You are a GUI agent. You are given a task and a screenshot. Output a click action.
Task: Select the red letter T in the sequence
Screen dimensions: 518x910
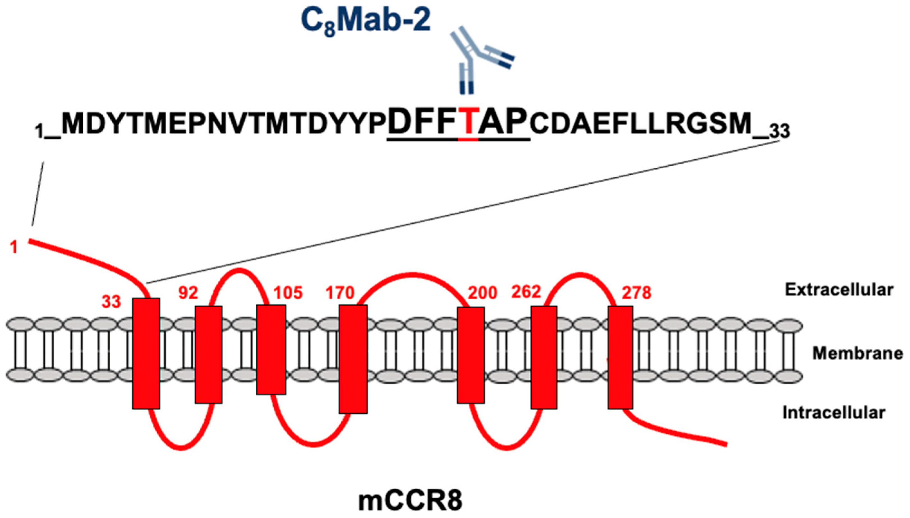pyautogui.click(x=468, y=124)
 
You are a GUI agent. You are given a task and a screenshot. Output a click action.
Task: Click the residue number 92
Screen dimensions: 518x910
pyautogui.click(x=188, y=293)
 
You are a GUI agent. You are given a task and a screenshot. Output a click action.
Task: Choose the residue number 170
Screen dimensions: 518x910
pyautogui.click(x=340, y=293)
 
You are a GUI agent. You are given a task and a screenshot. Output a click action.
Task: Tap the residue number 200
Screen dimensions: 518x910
pyautogui.click(x=482, y=293)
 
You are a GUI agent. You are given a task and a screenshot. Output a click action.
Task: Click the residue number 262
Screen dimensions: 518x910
pyautogui.click(x=526, y=292)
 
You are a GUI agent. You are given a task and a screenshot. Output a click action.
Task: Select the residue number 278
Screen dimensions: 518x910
pyautogui.click(x=636, y=293)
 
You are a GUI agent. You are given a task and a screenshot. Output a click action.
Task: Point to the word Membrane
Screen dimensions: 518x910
pyautogui.click(x=857, y=353)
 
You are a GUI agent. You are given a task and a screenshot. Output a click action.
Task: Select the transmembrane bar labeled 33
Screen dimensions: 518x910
pyautogui.click(x=146, y=354)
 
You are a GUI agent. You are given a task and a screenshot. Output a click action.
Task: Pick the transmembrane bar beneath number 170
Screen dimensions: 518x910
pyautogui.click(x=353, y=359)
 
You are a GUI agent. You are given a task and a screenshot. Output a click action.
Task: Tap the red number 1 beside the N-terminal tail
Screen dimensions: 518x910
pyautogui.click(x=14, y=247)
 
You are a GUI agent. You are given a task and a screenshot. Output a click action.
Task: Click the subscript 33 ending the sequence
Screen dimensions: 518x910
pyautogui.click(x=779, y=131)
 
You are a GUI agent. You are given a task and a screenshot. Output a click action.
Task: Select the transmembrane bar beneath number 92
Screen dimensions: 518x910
pyautogui.click(x=208, y=355)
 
